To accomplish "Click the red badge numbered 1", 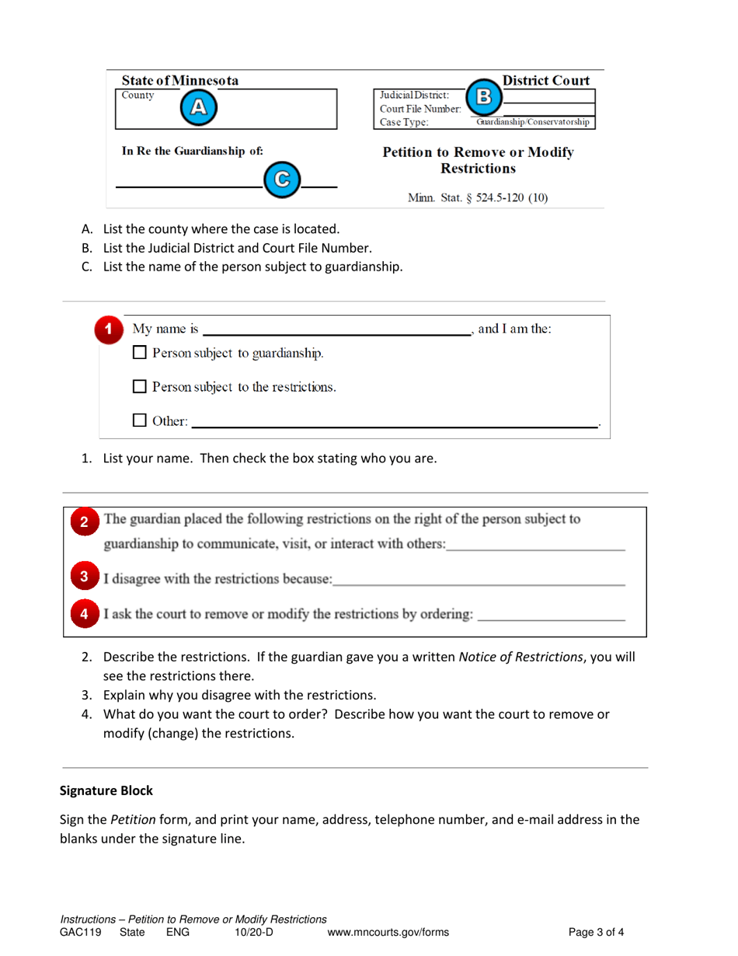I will tap(110, 329).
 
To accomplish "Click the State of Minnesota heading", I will tap(179, 81).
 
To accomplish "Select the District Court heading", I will tap(546, 80).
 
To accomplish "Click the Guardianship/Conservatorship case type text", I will tap(532, 121).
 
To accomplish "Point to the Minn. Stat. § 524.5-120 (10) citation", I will tap(478, 197).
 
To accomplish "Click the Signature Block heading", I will tap(106, 791).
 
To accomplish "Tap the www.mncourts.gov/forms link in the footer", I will tap(388, 932).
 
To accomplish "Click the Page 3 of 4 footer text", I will tap(596, 932).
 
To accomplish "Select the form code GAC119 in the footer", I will tap(81, 932).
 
